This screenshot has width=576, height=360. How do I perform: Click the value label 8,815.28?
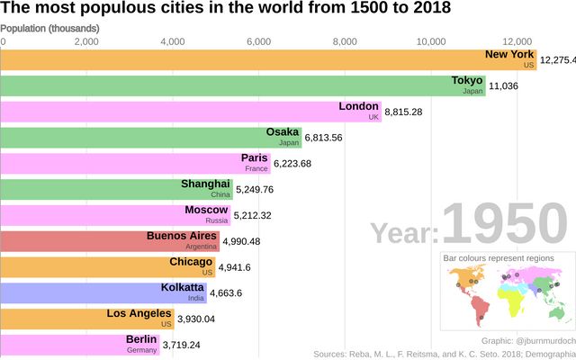tap(403, 112)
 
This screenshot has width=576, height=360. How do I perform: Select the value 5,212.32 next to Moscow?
tap(259, 215)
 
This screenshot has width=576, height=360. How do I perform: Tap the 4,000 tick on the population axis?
tap(172, 41)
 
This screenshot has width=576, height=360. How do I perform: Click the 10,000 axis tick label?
tap(431, 41)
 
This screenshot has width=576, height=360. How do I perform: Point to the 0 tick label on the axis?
tap(3, 41)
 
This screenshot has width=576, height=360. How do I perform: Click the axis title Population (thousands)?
tap(49, 29)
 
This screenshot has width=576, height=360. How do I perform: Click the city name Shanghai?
tap(205, 184)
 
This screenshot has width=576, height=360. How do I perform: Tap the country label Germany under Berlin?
tap(141, 349)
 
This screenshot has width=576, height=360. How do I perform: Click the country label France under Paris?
tap(256, 168)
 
